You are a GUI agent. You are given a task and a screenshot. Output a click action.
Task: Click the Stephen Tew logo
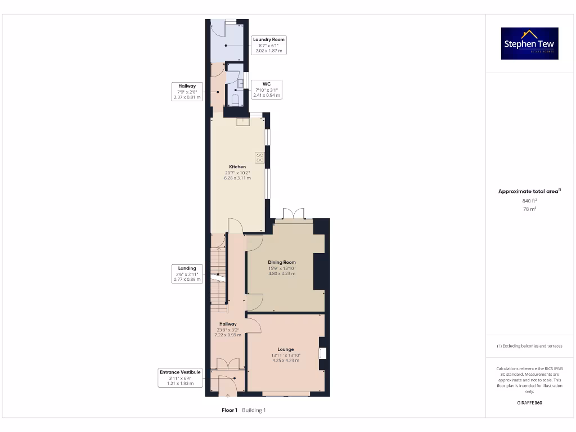click(529, 44)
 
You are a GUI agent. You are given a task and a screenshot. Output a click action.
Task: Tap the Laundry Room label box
click(269, 45)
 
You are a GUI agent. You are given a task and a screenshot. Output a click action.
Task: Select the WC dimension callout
click(267, 89)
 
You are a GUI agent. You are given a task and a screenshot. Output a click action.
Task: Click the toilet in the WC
click(236, 101)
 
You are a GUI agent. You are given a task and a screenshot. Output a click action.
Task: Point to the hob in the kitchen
click(260, 157)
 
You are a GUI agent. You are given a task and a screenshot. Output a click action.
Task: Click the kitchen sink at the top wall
click(242, 120)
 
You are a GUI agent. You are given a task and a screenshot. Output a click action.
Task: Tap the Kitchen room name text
click(237, 167)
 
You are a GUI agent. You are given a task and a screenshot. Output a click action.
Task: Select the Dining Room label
click(282, 262)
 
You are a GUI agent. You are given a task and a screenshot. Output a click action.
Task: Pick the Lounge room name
click(286, 349)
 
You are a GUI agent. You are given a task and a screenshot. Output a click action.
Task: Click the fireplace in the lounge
click(322, 353)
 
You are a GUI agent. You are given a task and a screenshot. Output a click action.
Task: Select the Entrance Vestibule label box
click(180, 377)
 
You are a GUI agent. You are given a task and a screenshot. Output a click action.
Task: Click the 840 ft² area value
click(529, 200)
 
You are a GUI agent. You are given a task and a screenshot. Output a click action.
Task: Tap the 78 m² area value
click(529, 209)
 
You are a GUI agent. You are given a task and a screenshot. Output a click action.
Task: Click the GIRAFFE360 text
click(529, 403)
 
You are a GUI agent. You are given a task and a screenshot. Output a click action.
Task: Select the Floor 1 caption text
click(229, 410)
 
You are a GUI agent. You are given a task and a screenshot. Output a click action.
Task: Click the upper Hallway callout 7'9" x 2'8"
click(187, 91)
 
